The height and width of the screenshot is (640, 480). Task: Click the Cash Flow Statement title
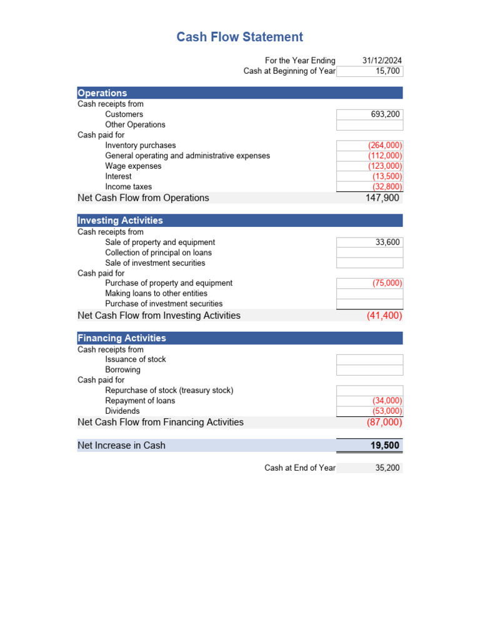(x=239, y=37)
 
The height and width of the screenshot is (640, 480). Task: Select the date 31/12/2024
(x=382, y=61)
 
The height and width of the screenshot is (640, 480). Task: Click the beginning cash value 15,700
(x=387, y=71)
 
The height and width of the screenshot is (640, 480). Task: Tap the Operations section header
(x=102, y=93)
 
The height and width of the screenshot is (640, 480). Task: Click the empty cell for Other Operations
(x=369, y=125)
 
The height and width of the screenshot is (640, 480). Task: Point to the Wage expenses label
(x=133, y=166)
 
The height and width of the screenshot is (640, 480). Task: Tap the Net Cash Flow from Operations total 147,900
(x=382, y=198)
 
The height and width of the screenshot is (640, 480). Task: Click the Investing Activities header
(x=120, y=221)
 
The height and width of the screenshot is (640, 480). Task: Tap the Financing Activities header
(x=122, y=338)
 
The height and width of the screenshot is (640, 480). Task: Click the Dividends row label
(x=122, y=411)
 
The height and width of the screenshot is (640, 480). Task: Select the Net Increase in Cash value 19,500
(x=385, y=446)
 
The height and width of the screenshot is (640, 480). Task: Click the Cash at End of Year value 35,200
(x=387, y=467)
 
